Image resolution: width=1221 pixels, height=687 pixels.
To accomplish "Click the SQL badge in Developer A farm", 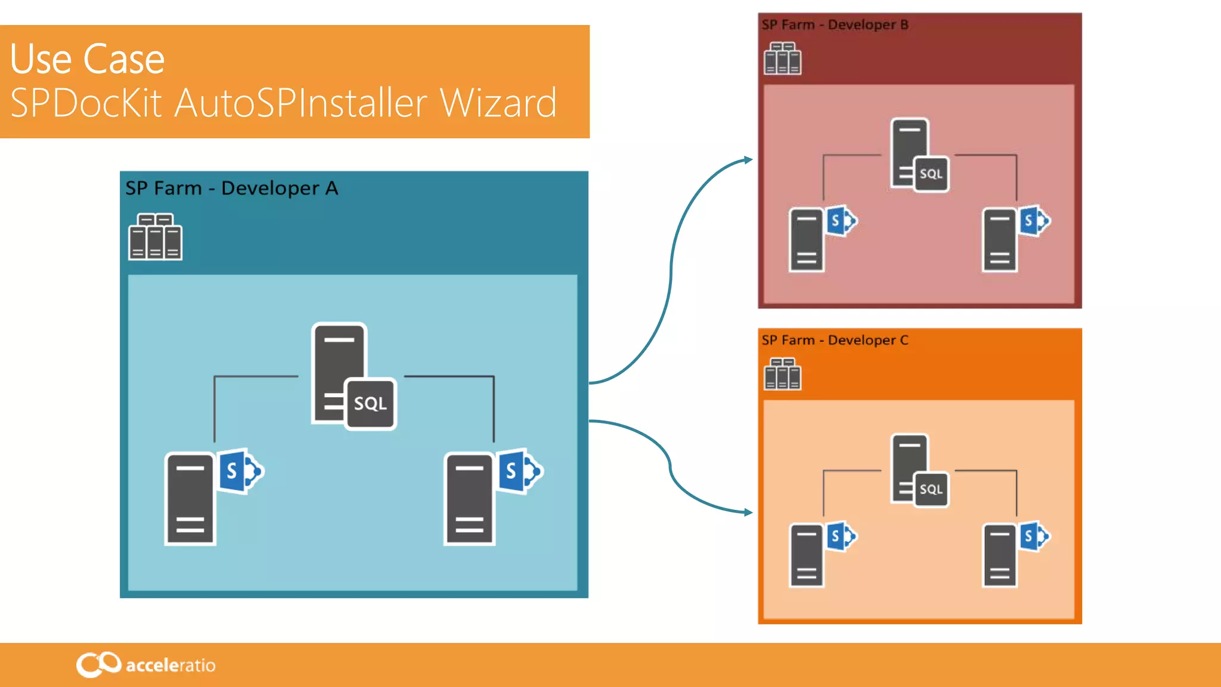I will pyautogui.click(x=370, y=404).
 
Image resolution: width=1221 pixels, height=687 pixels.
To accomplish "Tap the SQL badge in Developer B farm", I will pyautogui.click(x=931, y=174).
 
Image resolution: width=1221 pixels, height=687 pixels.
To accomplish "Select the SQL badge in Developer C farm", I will pyautogui.click(x=931, y=489).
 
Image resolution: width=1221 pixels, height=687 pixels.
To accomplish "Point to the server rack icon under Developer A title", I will pyautogui.click(x=155, y=237).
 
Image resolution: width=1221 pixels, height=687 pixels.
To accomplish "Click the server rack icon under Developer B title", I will pyautogui.click(x=782, y=58).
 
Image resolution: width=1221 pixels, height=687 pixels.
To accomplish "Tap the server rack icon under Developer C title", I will pyautogui.click(x=782, y=374).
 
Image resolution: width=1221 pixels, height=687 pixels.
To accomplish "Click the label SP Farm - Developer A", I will pyautogui.click(x=231, y=188).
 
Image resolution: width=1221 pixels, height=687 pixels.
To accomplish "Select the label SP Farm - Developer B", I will pyautogui.click(x=835, y=25).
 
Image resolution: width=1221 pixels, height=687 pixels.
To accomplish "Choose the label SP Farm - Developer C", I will pyautogui.click(x=835, y=341).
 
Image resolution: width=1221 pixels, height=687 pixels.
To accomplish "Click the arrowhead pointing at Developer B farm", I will pyautogui.click(x=748, y=160).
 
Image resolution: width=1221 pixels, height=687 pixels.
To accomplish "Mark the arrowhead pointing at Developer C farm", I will pyautogui.click(x=748, y=512).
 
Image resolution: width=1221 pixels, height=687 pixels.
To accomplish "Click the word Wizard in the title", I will pyautogui.click(x=498, y=103).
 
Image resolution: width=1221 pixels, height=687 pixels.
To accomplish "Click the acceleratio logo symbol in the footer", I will pyautogui.click(x=98, y=664).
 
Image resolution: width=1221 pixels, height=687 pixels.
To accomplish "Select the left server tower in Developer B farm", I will pyautogui.click(x=806, y=240).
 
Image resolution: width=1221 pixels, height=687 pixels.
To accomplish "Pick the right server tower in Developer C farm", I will pyautogui.click(x=999, y=556).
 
